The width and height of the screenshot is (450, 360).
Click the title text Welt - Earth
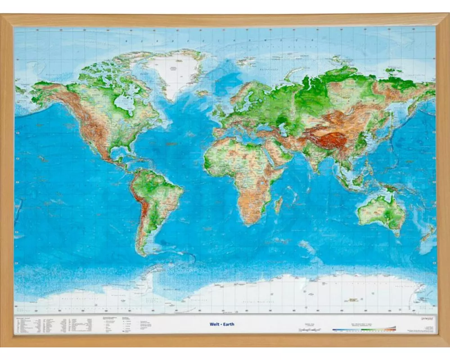pos(222,324)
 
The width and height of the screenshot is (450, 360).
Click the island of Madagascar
pos(279,204)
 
